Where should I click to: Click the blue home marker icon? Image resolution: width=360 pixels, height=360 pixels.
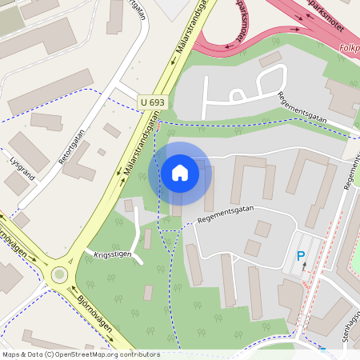[180, 173]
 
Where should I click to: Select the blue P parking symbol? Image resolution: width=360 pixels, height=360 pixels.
[302, 256]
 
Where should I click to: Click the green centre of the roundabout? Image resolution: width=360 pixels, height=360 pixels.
[58, 275]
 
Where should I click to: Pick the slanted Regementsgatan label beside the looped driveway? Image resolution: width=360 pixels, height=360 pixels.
[302, 107]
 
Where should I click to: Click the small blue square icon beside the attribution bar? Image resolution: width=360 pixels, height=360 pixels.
[323, 352]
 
